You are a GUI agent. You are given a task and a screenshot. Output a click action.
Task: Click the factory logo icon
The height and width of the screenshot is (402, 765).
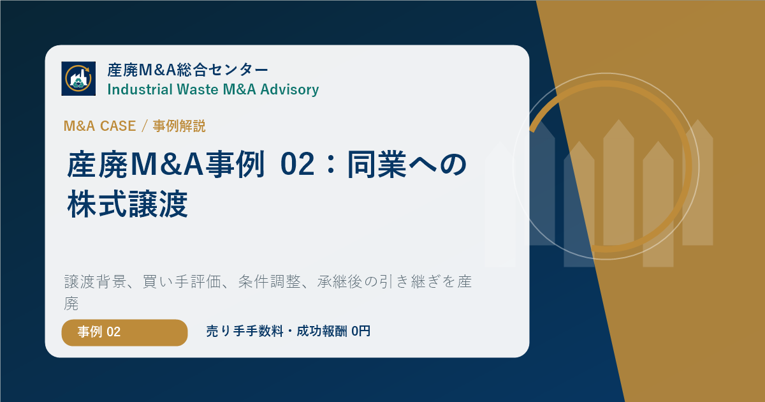pyautogui.click(x=78, y=78)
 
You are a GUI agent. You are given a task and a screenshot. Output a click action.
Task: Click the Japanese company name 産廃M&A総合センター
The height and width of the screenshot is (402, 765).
pyautogui.click(x=188, y=70)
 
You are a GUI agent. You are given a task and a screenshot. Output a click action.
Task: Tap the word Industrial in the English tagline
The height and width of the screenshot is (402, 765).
pyautogui.click(x=140, y=89)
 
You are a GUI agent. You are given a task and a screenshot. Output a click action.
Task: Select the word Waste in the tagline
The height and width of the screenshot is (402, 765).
pyautogui.click(x=198, y=89)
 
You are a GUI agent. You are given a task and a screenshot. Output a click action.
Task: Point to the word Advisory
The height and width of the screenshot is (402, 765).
pyautogui.click(x=289, y=89)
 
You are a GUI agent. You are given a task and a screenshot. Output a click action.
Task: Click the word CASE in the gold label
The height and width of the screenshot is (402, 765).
pyautogui.click(x=118, y=126)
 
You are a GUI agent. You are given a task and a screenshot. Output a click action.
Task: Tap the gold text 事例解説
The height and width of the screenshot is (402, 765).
pyautogui.click(x=179, y=126)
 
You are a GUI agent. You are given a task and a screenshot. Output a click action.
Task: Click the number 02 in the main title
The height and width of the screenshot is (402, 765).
pyautogui.click(x=297, y=165)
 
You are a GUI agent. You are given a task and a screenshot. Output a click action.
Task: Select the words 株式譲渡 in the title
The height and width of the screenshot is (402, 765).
pyautogui.click(x=127, y=204)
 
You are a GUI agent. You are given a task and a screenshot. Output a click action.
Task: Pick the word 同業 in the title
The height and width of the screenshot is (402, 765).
pyautogui.click(x=377, y=165)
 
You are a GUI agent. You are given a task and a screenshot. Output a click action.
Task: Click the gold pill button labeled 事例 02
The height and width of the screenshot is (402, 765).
pyautogui.click(x=125, y=332)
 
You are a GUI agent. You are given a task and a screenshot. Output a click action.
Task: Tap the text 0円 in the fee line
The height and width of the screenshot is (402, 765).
pyautogui.click(x=361, y=331)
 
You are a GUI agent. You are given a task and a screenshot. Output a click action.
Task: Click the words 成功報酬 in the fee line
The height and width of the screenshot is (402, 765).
pyautogui.click(x=322, y=331)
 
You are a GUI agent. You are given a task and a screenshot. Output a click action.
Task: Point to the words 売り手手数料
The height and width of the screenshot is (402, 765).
pyautogui.click(x=245, y=331)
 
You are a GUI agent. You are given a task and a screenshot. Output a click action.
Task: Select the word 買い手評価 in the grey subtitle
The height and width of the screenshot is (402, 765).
pyautogui.click(x=182, y=282)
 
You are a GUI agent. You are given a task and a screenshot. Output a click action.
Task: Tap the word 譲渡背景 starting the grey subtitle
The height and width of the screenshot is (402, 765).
pyautogui.click(x=95, y=282)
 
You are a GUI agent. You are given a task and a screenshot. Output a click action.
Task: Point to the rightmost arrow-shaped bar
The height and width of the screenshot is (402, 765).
pyautogui.click(x=697, y=182)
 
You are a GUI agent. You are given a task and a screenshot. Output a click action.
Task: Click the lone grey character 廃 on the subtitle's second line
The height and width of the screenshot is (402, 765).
pyautogui.click(x=71, y=304)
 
